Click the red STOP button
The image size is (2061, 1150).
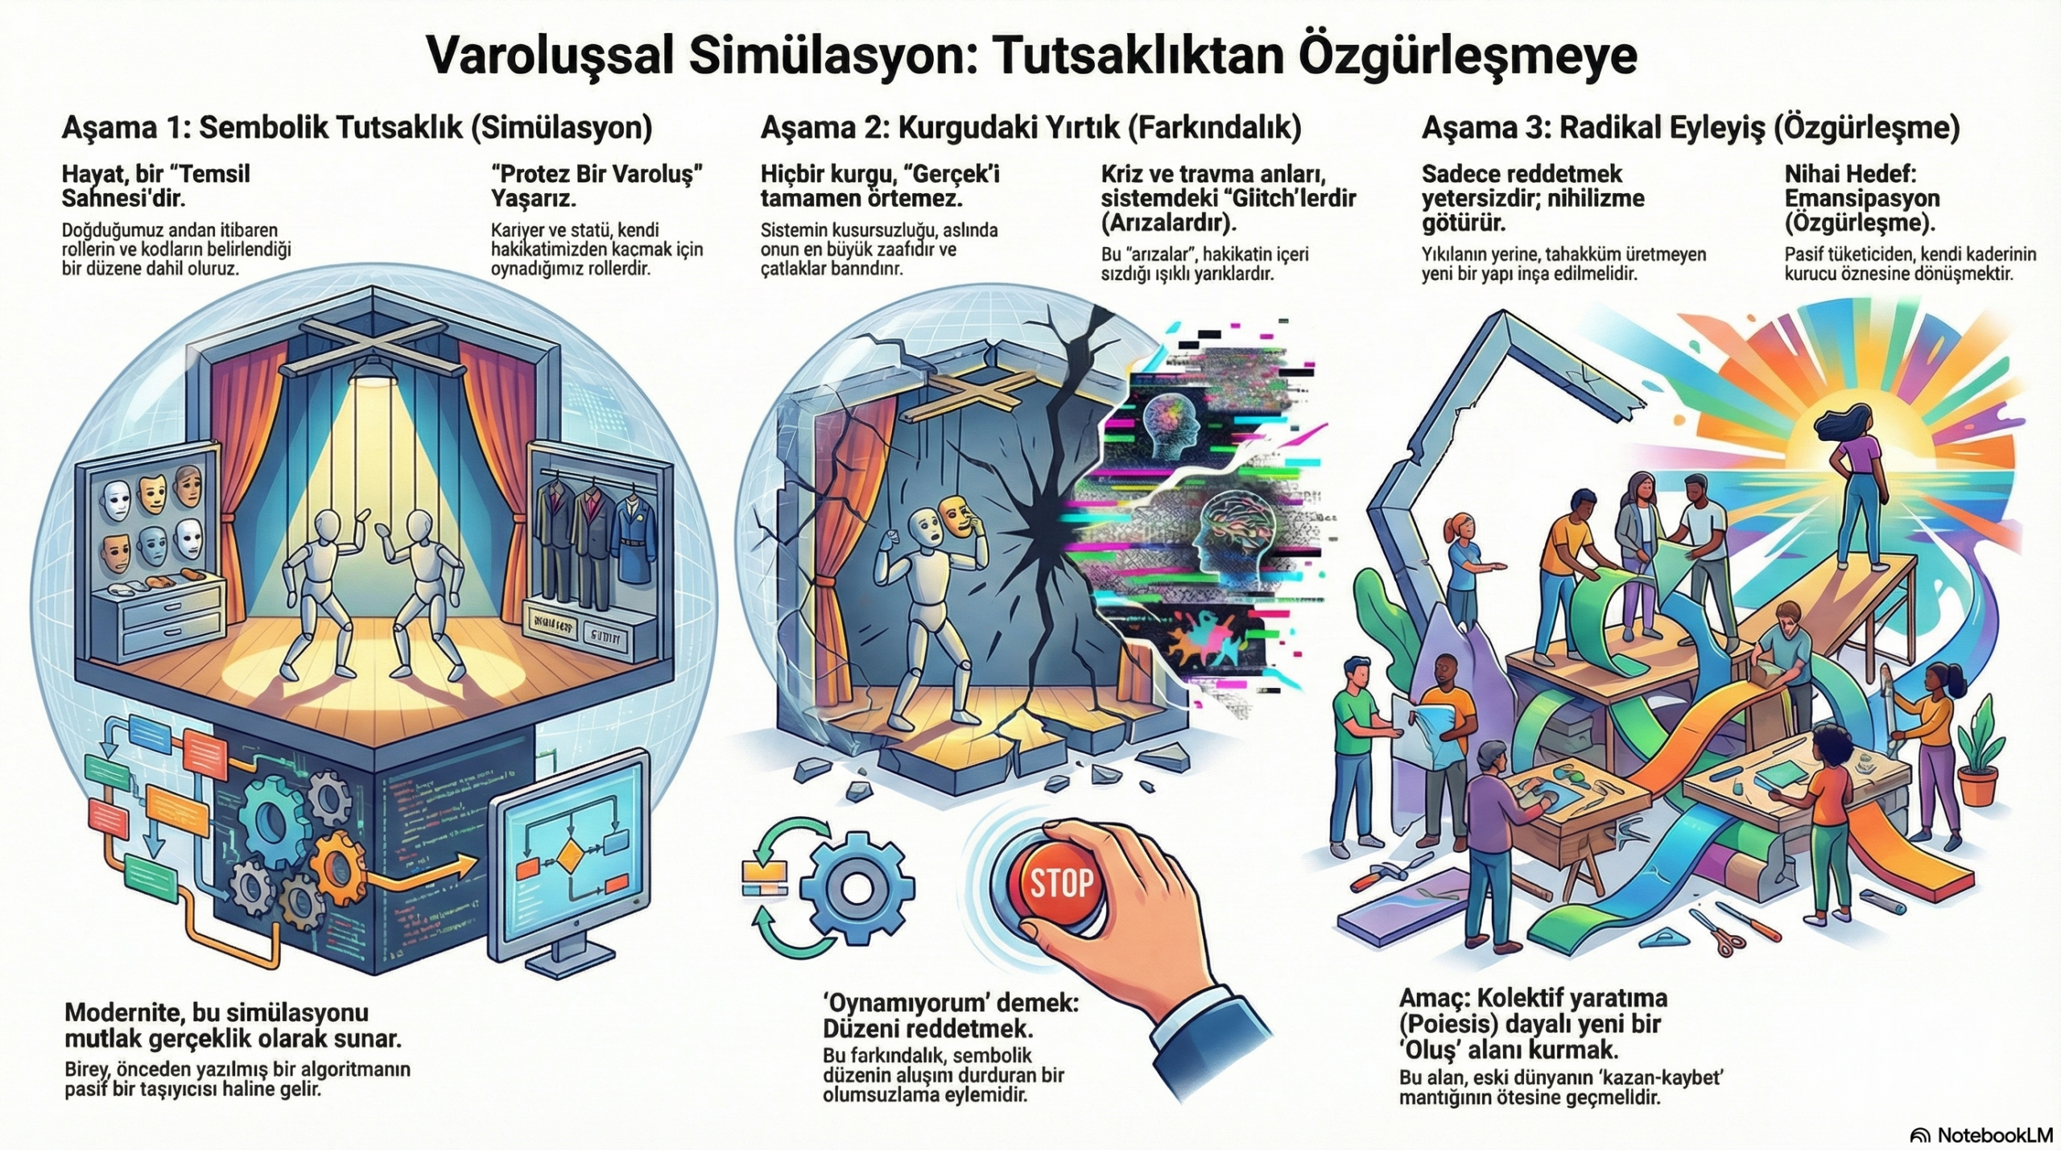point(1061,884)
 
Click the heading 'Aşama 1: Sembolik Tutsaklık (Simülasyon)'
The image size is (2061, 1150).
point(357,129)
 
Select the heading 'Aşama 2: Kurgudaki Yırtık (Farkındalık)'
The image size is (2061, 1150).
point(1030,129)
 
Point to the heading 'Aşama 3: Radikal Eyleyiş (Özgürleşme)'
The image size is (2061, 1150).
point(1690,129)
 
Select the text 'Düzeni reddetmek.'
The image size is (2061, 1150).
point(927,1028)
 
